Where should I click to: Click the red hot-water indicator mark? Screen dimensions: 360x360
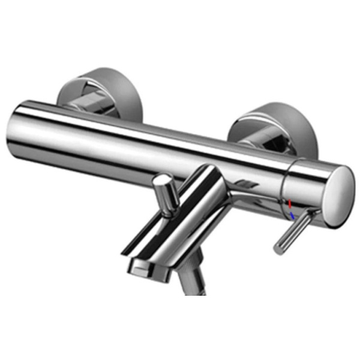[290, 203]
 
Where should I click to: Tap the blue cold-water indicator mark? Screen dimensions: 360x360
[292, 215]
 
